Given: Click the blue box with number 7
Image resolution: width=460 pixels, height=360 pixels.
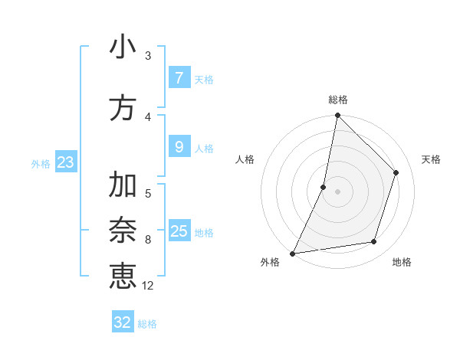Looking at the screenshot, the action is (x=179, y=78).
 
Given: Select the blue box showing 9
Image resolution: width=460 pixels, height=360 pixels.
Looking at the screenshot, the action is (x=179, y=147).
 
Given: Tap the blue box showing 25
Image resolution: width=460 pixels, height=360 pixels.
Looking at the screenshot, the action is (x=179, y=231).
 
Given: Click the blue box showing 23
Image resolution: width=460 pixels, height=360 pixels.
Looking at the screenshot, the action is (x=65, y=162).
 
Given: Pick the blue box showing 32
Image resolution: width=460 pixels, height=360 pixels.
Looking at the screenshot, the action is (x=122, y=322).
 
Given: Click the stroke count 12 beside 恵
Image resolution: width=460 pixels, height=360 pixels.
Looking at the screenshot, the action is (x=148, y=286).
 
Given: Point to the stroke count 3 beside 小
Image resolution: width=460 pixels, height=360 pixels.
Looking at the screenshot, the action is (x=148, y=56).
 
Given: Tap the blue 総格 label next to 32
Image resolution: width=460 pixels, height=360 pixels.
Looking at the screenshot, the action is (x=147, y=324).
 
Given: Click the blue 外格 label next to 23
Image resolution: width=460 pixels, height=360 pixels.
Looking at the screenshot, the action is (x=41, y=163).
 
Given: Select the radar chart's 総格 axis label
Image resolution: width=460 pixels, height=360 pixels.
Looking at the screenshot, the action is (x=338, y=100).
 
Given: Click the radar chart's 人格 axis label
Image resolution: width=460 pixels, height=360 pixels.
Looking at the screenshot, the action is (x=245, y=159).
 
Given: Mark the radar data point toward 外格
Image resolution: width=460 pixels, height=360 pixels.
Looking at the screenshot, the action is (x=292, y=253).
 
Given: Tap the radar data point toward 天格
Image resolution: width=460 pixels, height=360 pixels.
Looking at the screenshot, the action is (x=396, y=172).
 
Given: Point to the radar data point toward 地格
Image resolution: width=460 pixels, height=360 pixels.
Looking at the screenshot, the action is (x=374, y=242).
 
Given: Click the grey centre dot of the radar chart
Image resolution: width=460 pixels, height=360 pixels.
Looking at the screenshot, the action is (x=338, y=191).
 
